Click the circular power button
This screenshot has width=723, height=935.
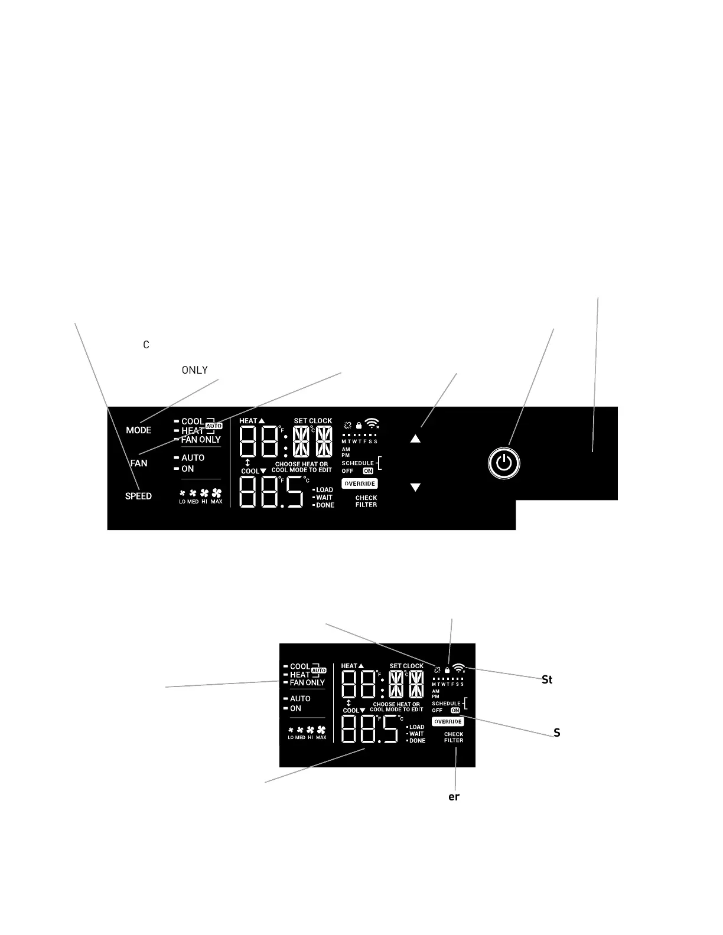tap(504, 463)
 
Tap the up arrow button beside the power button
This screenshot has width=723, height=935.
tap(415, 439)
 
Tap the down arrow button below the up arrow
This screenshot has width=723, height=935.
tap(415, 488)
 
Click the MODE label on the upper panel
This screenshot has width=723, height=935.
tap(139, 430)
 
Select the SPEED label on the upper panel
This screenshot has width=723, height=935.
tap(138, 496)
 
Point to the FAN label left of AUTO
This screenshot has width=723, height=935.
tap(139, 463)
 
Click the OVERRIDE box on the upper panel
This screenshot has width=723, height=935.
tap(360, 484)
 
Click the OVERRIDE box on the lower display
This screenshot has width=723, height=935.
tap(448, 722)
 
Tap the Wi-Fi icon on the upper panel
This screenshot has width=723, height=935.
tap(372, 423)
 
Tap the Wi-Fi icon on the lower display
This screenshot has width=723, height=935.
tap(459, 669)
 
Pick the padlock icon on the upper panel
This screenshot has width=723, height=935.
tap(359, 425)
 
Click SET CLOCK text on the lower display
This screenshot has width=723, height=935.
tap(406, 666)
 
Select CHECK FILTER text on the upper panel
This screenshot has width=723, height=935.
tap(366, 501)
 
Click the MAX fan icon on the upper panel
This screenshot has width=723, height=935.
tap(217, 493)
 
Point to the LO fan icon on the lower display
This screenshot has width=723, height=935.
tap(291, 730)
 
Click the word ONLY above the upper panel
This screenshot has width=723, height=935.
tap(194, 370)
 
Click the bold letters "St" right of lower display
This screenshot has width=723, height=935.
tap(547, 680)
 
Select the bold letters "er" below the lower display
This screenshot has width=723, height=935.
tap(454, 797)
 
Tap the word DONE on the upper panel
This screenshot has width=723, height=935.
tap(325, 505)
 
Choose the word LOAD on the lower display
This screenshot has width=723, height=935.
tap(416, 727)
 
